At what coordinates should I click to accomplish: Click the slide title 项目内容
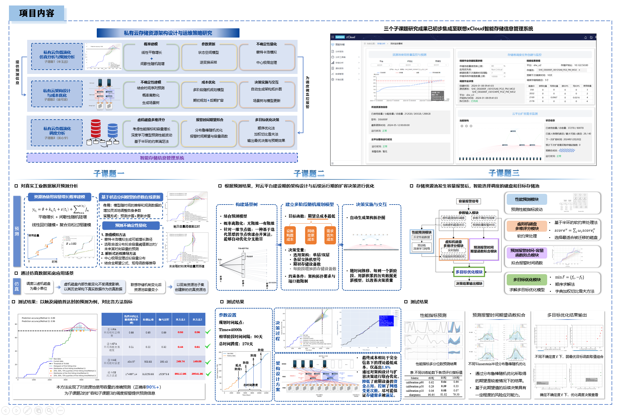click(37, 13)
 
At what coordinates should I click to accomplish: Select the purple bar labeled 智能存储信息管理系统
click(162, 158)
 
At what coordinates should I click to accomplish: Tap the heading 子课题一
click(109, 173)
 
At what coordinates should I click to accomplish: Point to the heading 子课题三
click(504, 173)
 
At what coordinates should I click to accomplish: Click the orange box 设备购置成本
click(290, 235)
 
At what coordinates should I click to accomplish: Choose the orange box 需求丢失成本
click(330, 235)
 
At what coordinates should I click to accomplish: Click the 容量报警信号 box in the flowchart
click(468, 201)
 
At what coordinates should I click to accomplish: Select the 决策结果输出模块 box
click(469, 284)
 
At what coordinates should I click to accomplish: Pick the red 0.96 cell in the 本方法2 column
click(197, 332)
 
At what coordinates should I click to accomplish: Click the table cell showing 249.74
click(180, 361)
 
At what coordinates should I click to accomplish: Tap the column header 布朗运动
click(148, 320)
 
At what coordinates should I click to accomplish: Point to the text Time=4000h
click(230, 330)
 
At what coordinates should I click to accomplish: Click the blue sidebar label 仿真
click(17, 286)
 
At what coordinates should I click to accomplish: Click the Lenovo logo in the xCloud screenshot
click(340, 37)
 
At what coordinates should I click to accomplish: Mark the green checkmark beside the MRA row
click(208, 332)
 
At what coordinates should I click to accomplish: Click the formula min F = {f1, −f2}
click(569, 277)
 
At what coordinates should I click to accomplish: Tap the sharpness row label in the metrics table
click(415, 395)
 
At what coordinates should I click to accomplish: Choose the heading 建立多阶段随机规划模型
click(309, 205)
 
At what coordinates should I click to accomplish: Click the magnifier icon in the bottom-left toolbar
click(49, 410)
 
